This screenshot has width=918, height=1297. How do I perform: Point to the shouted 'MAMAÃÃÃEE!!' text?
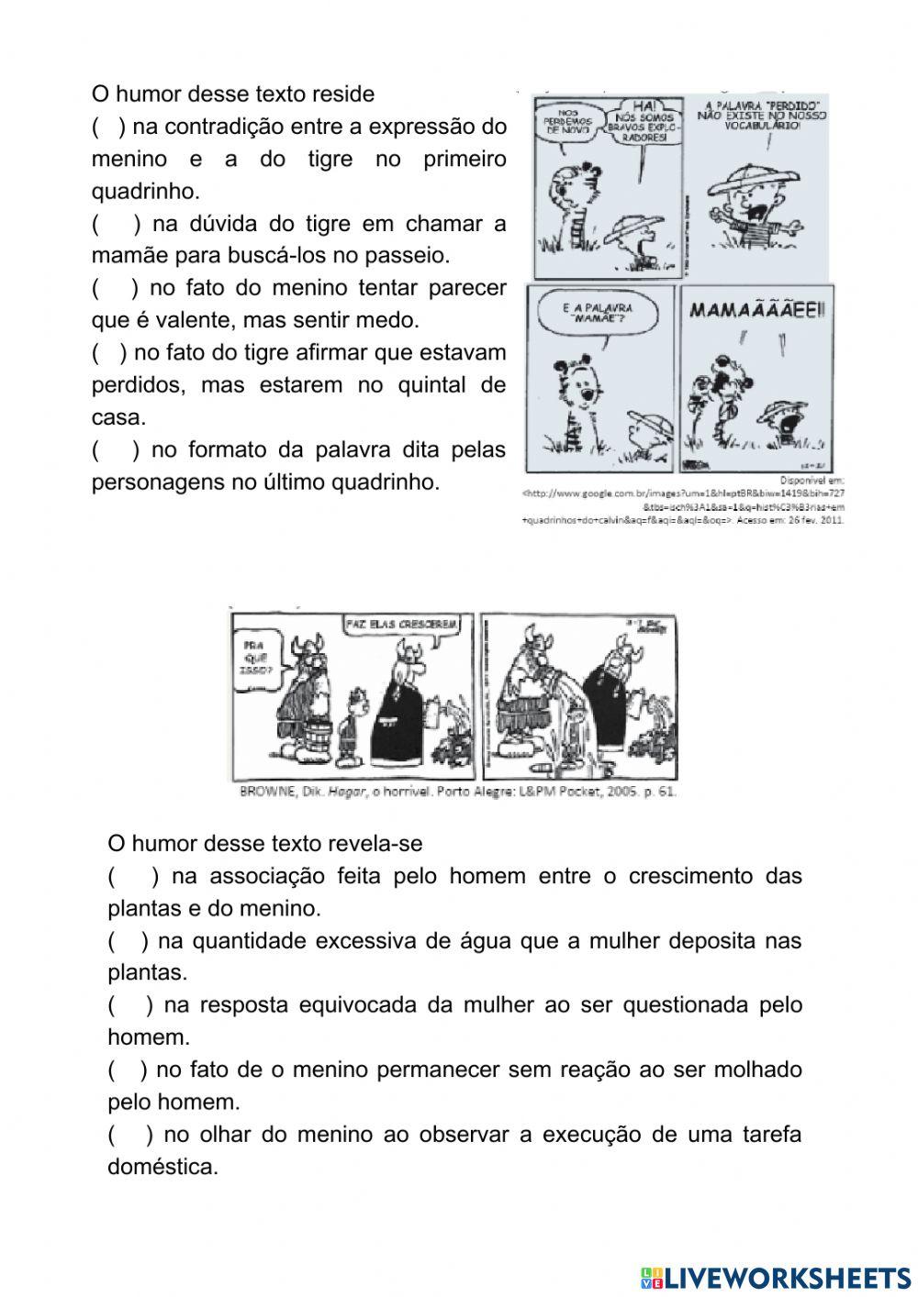[756, 309]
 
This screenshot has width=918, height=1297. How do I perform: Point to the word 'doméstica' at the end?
[162, 1167]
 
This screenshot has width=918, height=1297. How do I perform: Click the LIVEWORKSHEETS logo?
[775, 1277]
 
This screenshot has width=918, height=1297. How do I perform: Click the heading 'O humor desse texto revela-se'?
[264, 843]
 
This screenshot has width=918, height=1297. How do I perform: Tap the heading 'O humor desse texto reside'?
[233, 94]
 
